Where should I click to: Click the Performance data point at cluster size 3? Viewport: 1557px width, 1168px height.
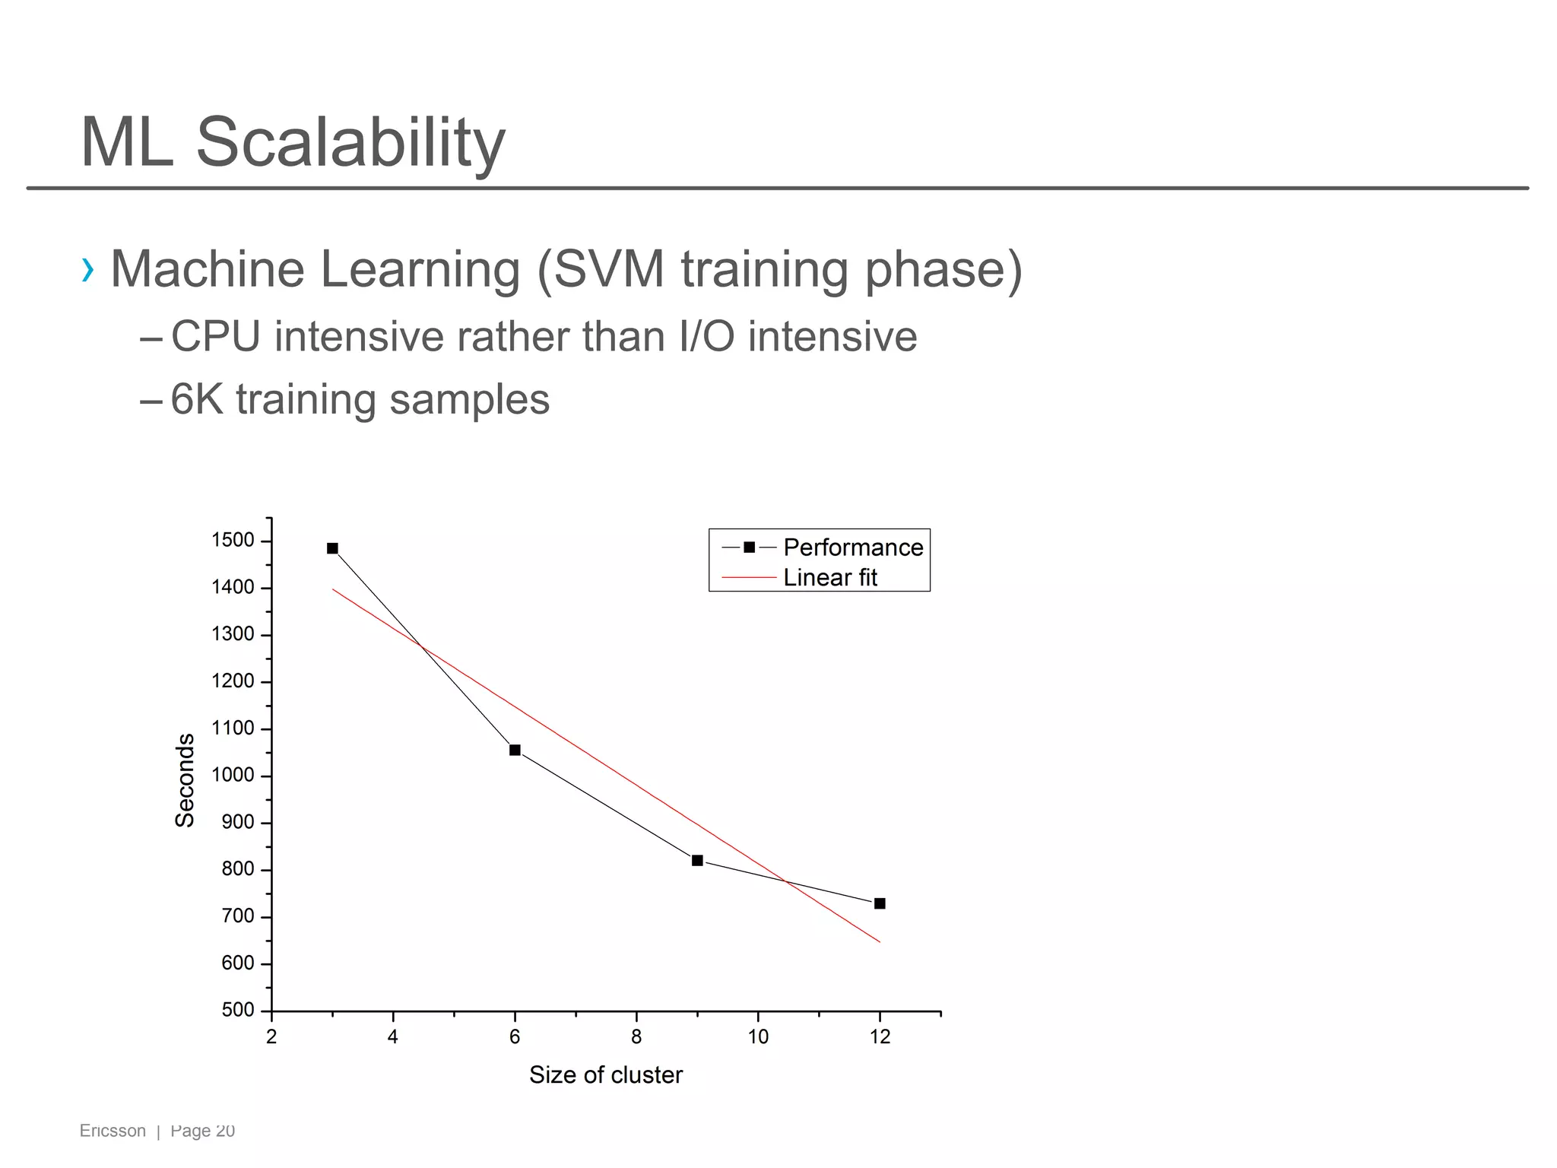click(x=332, y=548)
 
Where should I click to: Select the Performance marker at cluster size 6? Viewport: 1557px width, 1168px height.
click(x=515, y=751)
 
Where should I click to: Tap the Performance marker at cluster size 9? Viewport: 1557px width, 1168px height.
click(x=697, y=861)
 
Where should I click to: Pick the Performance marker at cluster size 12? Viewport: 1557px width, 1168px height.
click(x=880, y=903)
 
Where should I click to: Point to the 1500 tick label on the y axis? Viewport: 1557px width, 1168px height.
click(x=233, y=541)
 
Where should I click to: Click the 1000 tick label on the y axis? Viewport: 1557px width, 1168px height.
click(x=233, y=776)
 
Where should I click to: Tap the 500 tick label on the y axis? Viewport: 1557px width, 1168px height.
click(x=238, y=1010)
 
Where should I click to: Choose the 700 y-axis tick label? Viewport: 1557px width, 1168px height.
click(x=238, y=916)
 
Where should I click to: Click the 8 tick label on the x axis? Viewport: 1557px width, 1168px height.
click(x=636, y=1037)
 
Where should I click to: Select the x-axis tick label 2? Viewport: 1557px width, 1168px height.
click(x=271, y=1037)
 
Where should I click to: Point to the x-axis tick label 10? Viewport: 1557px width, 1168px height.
click(x=758, y=1037)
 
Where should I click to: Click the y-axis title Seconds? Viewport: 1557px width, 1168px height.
click(x=185, y=780)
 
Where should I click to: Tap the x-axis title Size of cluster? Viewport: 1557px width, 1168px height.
click(x=606, y=1075)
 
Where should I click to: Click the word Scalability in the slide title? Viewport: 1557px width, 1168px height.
click(x=350, y=144)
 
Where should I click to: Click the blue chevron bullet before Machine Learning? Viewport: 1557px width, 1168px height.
click(x=88, y=270)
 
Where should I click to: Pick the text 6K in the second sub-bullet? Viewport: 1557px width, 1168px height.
click(x=197, y=400)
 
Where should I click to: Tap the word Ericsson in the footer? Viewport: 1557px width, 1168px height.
click(x=113, y=1131)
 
